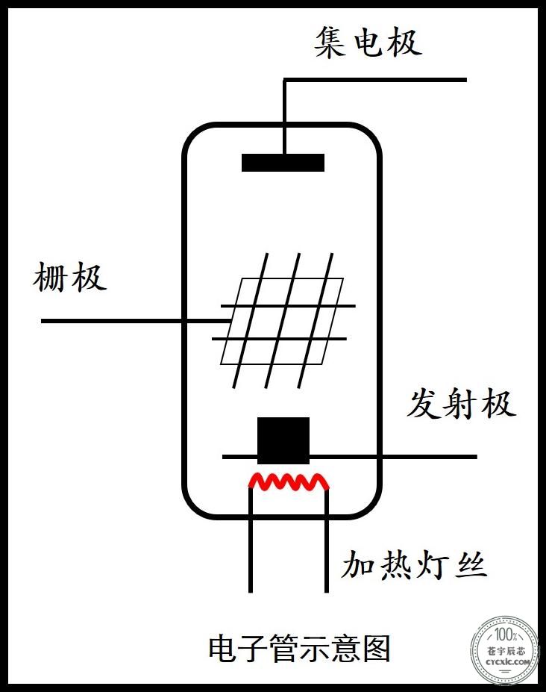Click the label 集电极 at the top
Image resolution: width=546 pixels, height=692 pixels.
click(368, 43)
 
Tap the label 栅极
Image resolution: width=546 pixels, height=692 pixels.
click(69, 277)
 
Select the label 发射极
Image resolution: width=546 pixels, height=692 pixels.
click(460, 403)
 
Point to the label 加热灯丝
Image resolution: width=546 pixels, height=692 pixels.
click(414, 564)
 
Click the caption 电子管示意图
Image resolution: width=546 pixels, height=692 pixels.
click(299, 648)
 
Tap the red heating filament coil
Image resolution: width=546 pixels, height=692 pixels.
click(289, 482)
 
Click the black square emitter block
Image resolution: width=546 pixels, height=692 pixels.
click(283, 440)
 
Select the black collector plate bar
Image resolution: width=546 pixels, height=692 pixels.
click(283, 163)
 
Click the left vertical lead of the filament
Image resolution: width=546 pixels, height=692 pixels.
click(251, 539)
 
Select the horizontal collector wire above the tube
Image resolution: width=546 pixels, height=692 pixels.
click(375, 80)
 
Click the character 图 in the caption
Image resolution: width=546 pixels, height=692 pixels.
click(377, 648)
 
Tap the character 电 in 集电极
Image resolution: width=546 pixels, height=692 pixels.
click(368, 43)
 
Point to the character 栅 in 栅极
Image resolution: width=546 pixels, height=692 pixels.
click(50, 277)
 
